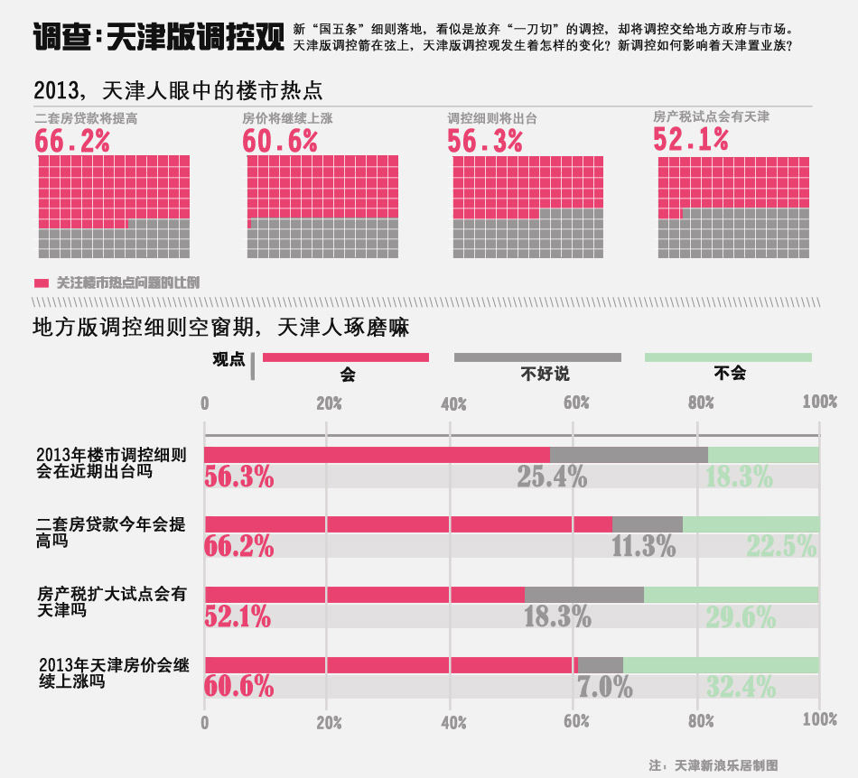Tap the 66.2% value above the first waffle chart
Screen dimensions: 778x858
tap(72, 141)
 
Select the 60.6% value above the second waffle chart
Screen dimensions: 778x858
tap(280, 141)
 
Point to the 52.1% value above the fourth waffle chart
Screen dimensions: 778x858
tap(691, 139)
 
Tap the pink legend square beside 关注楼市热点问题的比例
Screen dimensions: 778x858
tap(42, 283)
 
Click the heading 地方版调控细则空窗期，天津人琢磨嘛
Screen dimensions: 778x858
tap(220, 328)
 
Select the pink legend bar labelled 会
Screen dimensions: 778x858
tap(345, 357)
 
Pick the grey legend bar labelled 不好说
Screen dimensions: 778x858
tap(537, 357)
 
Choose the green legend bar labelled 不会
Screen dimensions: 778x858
tap(728, 357)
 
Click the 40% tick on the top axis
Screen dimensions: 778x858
tap(452, 403)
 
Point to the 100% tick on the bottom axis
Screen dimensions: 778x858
tap(818, 722)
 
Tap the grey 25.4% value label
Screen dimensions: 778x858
tap(552, 477)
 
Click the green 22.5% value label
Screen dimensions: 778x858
tap(781, 546)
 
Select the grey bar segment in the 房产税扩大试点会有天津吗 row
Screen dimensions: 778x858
tap(583, 594)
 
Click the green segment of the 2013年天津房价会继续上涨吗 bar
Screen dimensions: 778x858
tap(721, 664)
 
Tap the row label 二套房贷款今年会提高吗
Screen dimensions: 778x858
tap(111, 532)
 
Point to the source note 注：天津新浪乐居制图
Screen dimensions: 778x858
tap(713, 764)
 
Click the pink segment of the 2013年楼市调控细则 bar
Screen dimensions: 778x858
tap(377, 455)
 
